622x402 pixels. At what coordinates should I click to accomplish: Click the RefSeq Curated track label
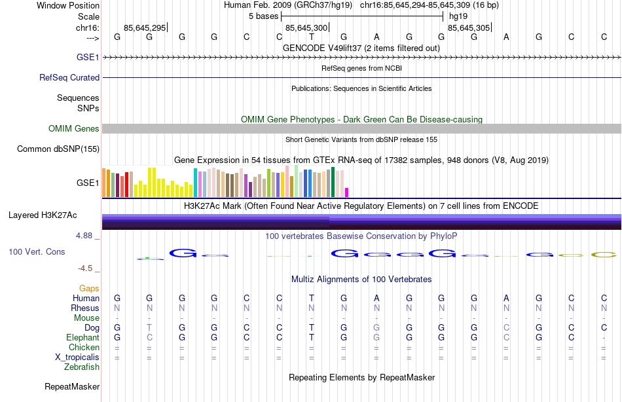(x=69, y=77)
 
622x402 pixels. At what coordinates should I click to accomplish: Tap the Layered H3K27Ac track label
(x=43, y=215)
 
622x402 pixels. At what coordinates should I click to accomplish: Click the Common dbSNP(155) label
(x=58, y=149)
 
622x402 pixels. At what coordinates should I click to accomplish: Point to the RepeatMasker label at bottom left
(x=72, y=387)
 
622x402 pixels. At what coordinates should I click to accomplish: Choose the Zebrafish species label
(x=82, y=367)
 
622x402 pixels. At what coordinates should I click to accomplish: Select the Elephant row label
(x=82, y=338)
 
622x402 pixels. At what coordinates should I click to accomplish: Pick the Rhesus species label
(x=86, y=308)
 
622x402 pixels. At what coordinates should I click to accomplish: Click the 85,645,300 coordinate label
(x=306, y=28)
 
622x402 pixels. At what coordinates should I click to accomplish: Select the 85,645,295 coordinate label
(x=145, y=28)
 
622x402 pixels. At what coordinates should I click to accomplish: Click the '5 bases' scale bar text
(x=263, y=16)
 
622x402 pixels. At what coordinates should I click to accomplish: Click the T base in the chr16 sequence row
(x=312, y=37)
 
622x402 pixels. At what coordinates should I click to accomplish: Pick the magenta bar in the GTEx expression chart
(x=347, y=192)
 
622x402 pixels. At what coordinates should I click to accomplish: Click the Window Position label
(x=68, y=6)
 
